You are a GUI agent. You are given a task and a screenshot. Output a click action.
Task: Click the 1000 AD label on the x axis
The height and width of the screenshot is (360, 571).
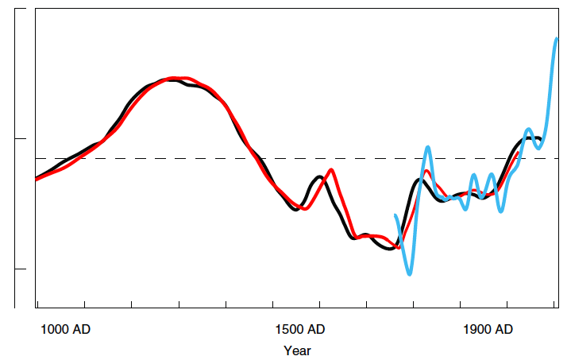pos(65,329)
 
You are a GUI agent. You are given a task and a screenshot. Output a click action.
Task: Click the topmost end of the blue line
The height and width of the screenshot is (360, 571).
pos(557,39)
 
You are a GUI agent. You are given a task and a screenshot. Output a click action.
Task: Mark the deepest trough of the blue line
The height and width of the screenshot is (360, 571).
pos(410,274)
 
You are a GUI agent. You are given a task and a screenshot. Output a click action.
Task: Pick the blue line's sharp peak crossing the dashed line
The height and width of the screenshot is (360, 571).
pos(428,147)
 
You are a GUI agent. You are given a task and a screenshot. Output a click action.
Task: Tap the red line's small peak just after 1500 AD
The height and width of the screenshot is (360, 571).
pos(330,170)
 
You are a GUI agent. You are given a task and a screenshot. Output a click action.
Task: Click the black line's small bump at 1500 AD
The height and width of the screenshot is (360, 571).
pos(318,176)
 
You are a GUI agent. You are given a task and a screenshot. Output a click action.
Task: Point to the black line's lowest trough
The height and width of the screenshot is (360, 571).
pos(389,250)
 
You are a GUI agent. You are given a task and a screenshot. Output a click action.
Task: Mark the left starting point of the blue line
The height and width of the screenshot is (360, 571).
pos(395,215)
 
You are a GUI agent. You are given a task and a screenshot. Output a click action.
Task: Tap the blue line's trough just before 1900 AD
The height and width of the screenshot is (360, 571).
pos(501,211)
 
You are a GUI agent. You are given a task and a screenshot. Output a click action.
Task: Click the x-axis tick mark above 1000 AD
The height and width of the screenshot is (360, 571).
pos(84,304)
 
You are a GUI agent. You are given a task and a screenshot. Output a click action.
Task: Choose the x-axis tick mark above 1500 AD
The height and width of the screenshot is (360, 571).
pos(272,304)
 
